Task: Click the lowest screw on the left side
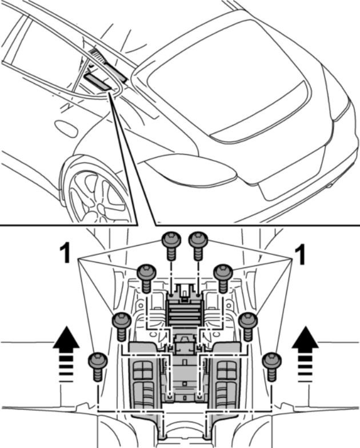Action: tap(97, 362)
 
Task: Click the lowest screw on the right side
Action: tap(271, 362)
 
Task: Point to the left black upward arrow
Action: tap(66, 342)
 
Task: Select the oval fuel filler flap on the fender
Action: tap(66, 128)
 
